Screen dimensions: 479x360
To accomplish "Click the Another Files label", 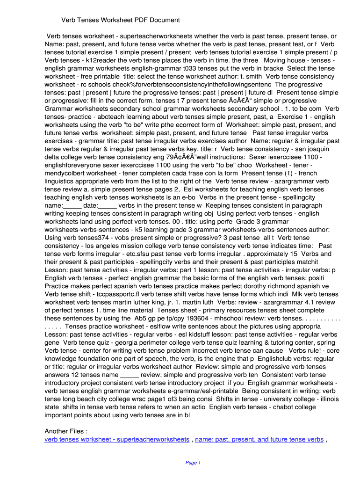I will click(66, 431).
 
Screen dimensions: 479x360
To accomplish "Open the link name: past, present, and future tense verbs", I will click(259, 440).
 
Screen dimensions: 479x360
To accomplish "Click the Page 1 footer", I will click(193, 463).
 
